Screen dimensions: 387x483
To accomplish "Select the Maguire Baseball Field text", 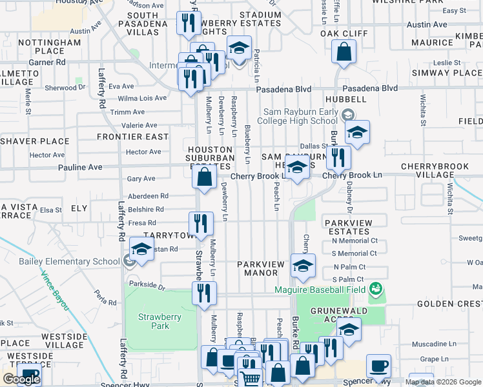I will click(322, 290).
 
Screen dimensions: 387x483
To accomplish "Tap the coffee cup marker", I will click(379, 366).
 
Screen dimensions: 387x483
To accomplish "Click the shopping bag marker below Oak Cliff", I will click(344, 52).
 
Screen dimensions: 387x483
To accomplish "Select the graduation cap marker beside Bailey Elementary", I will click(142, 248).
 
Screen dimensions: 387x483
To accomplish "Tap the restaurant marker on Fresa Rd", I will click(201, 223).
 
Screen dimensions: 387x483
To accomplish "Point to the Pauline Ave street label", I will click(80, 167).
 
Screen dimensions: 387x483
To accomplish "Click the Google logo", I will click(21, 379).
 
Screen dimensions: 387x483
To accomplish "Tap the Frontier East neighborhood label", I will click(133, 137).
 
